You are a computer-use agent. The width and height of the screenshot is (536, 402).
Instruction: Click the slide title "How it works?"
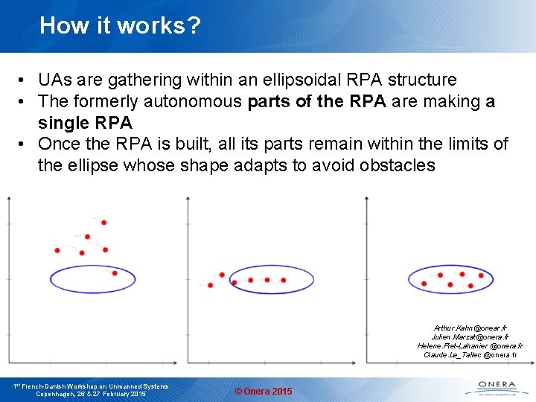click(120, 26)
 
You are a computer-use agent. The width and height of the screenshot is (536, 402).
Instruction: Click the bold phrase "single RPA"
click(85, 122)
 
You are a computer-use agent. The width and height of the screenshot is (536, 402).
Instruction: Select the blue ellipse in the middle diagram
click(267, 280)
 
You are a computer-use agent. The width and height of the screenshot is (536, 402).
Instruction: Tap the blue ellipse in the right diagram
click(450, 280)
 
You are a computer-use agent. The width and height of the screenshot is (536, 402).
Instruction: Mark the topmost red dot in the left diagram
click(103, 223)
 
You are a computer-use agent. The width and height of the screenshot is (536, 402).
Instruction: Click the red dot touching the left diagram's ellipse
click(115, 273)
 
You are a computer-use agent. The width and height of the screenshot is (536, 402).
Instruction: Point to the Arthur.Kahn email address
click(470, 328)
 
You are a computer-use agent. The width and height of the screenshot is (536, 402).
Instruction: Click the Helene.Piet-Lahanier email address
click(469, 346)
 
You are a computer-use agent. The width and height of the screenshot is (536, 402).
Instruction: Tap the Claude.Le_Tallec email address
click(469, 355)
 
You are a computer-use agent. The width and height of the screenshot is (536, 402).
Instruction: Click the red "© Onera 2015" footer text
click(264, 392)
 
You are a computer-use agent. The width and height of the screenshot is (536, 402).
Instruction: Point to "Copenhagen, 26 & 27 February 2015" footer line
click(91, 394)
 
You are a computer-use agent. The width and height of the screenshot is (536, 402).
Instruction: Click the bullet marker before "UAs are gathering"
click(25, 80)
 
